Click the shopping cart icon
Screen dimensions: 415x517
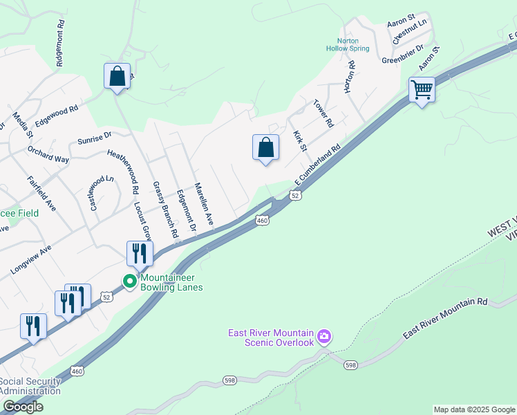click(x=422, y=89)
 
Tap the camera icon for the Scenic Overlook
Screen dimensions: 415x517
click(x=324, y=337)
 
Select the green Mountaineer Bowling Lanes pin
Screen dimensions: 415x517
click(x=129, y=282)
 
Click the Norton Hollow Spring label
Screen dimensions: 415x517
click(x=348, y=44)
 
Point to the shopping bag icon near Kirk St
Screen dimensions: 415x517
click(x=265, y=147)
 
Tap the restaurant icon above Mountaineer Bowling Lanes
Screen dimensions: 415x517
click(x=140, y=254)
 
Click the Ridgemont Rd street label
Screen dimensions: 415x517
click(x=61, y=42)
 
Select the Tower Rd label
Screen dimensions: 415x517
click(x=323, y=113)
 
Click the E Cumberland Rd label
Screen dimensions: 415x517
click(x=319, y=164)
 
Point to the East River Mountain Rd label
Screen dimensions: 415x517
click(x=446, y=320)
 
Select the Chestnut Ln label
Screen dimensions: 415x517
click(x=410, y=32)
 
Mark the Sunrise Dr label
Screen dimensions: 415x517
click(x=95, y=138)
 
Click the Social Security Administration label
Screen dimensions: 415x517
click(x=30, y=386)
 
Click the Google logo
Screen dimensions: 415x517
click(x=22, y=407)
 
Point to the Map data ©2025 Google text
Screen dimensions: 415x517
click(x=473, y=409)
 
